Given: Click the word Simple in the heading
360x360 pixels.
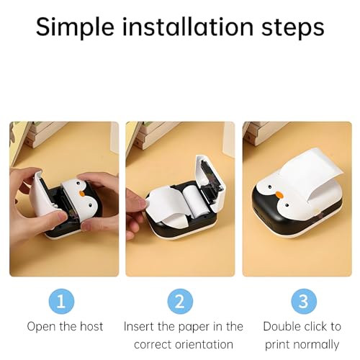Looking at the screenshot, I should pyautogui.click(x=76, y=27).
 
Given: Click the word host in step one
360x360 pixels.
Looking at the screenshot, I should pyautogui.click(x=89, y=327).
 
